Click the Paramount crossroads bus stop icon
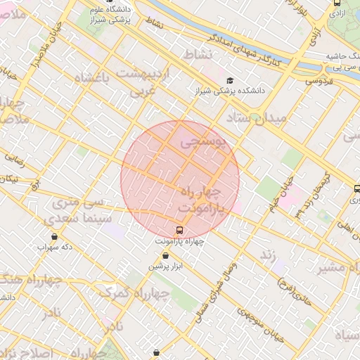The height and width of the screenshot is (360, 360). click(179, 230)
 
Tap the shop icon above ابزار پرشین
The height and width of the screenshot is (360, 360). click(165, 255)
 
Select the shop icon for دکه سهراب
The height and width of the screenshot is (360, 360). click(56, 236)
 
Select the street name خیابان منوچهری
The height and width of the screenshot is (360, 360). click(261, 325)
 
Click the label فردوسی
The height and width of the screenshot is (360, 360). click(319, 82)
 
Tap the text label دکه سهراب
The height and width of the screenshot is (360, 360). click(56, 247)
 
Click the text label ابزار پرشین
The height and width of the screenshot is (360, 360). click(166, 266)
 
